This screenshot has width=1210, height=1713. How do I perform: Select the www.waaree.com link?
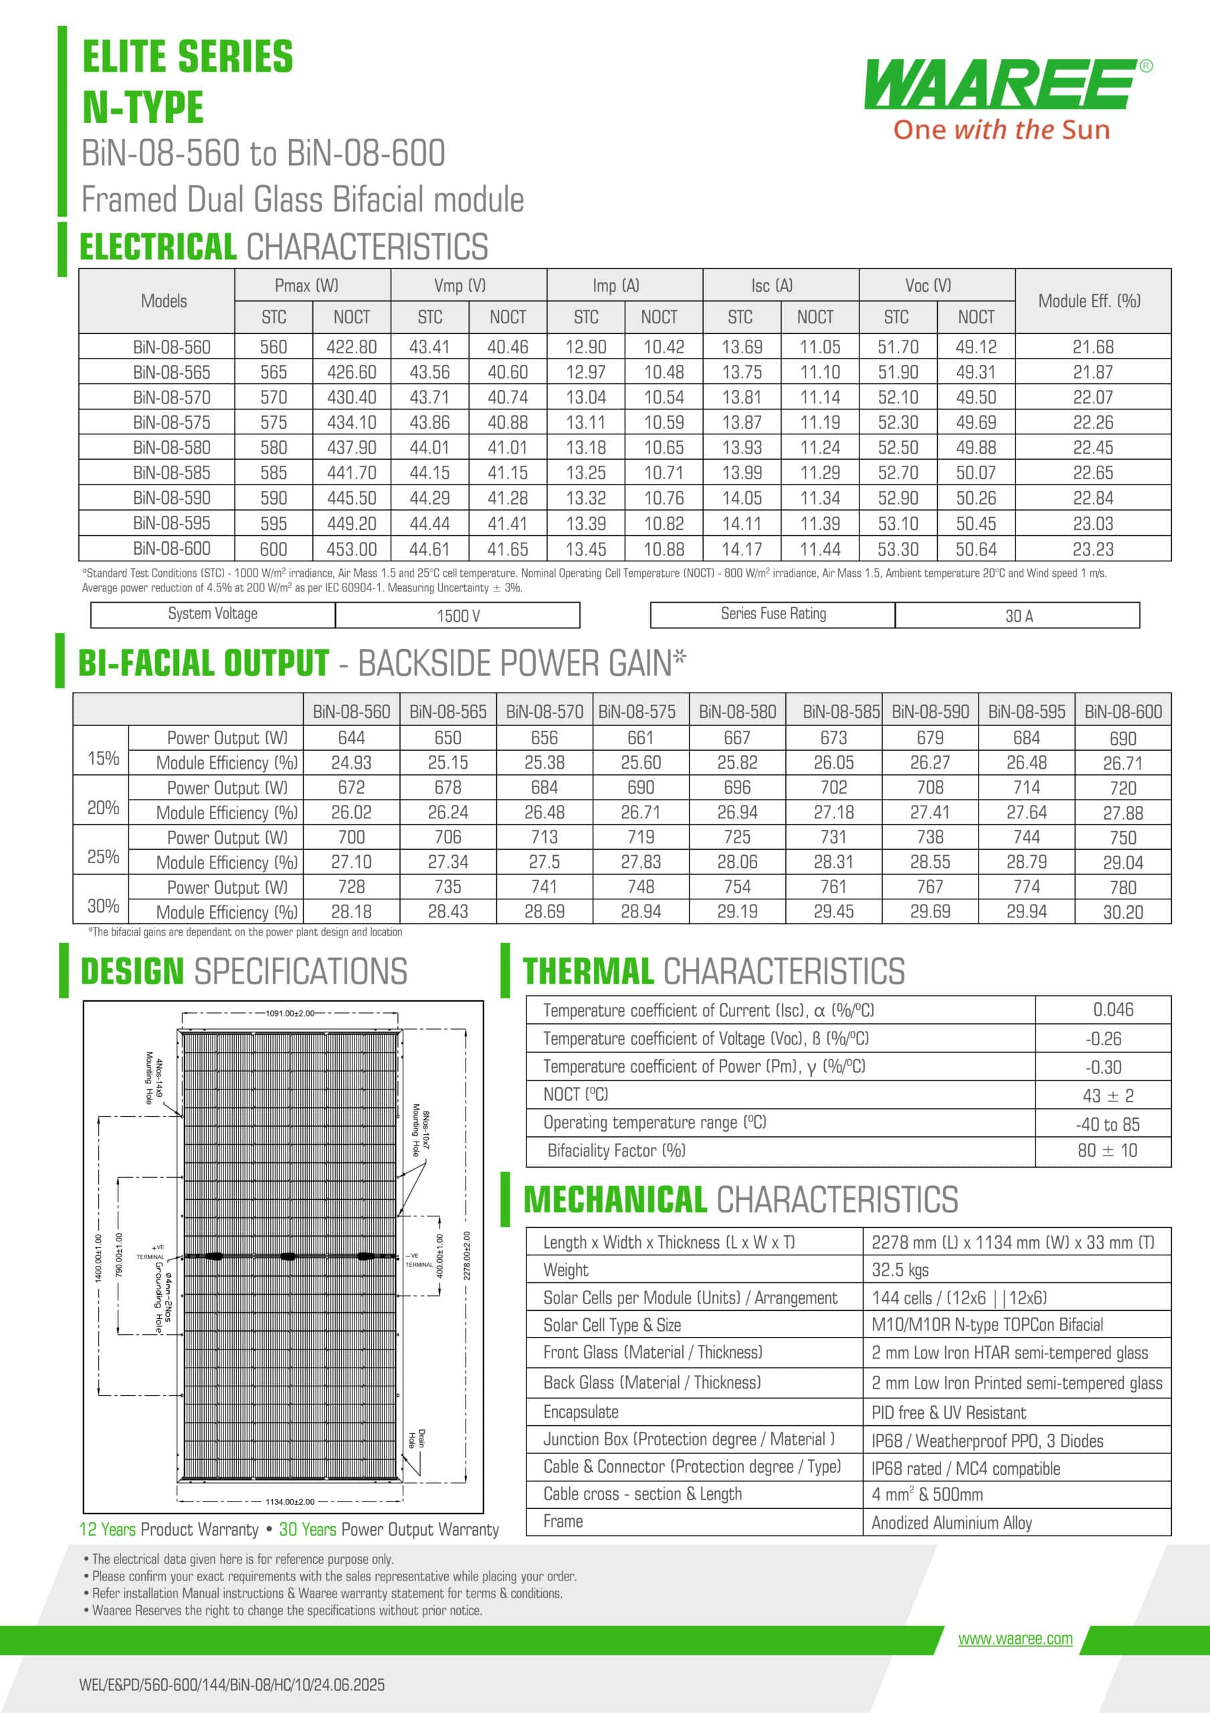pos(1015,1639)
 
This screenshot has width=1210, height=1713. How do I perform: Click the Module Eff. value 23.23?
pos(1093,549)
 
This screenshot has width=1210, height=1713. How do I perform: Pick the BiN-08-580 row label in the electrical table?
pos(172,448)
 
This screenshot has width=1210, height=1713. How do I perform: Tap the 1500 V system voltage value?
pos(458,616)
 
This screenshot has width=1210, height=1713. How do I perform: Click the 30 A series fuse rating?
pos(1018,616)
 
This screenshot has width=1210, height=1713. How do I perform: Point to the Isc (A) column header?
pos(772,286)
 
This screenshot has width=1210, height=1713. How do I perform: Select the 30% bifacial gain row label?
pos(103,906)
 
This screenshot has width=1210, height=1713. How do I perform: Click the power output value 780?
pos(1123,887)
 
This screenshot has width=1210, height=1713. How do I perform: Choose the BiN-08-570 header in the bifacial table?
pos(544,712)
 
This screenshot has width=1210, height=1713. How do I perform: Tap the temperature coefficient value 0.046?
pos(1113,1010)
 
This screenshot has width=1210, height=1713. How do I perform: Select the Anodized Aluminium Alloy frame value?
pos(952,1523)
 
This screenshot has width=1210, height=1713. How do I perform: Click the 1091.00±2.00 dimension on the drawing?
pos(290,1013)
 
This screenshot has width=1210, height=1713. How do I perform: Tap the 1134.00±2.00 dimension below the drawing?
pos(290,1501)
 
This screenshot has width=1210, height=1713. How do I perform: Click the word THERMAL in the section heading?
pos(588,972)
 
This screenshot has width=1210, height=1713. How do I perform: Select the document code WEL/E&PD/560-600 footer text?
pos(232,1684)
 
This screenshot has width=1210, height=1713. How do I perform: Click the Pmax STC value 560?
pos(273,347)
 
